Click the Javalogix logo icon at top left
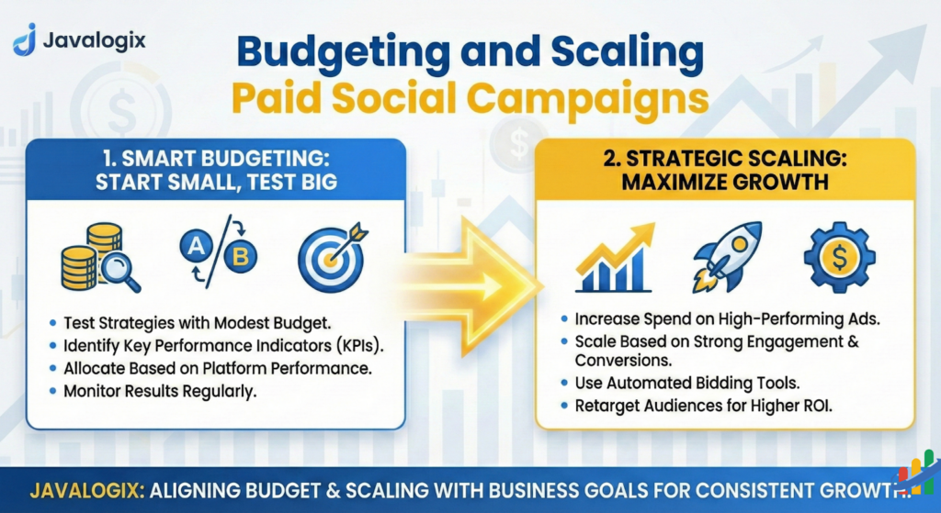[x=26, y=39]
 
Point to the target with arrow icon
[x=330, y=258]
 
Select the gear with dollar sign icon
[x=838, y=258]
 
